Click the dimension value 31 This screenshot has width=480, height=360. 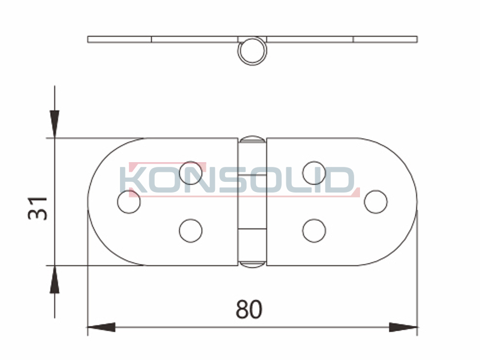coord(38,208)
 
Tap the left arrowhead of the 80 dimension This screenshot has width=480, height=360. coord(101,327)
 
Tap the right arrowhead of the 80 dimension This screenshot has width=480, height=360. coord(403,327)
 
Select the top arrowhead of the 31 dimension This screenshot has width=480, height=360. coord(55,124)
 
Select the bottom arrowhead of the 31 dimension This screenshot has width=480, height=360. coord(55,279)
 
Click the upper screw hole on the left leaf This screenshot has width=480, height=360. coord(191,173)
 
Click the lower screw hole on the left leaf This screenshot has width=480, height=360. coord(191,230)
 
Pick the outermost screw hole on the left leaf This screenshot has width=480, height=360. coord(129,202)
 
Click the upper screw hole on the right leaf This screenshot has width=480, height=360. coord(314,173)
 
